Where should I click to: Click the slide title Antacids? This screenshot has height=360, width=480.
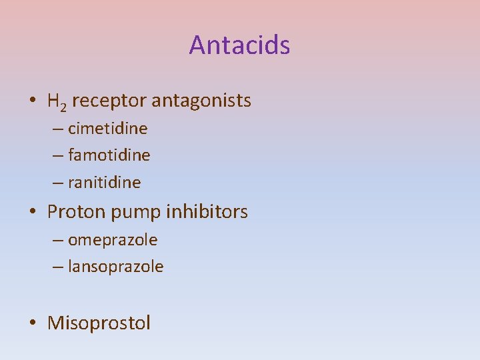239,45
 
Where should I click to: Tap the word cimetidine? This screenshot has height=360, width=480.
108,128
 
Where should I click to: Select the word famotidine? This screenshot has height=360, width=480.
109,155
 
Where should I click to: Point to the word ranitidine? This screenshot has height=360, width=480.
105,182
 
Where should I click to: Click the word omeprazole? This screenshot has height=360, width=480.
113,240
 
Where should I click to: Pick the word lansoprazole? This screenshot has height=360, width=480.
116,267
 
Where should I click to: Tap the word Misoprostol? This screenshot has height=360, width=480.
99,323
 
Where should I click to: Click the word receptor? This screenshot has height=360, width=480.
109,101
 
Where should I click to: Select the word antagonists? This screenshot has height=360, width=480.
201,101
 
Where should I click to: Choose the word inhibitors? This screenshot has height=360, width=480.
207,212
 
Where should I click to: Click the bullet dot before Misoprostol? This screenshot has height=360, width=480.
33,324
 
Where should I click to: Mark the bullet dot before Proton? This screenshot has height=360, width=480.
33,213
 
